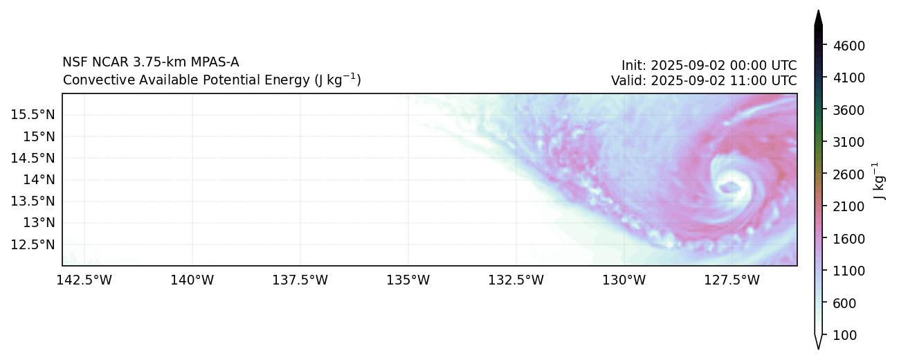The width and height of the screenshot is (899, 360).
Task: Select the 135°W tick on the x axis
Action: point(408,280)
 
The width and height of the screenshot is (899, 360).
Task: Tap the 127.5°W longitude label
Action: point(732,280)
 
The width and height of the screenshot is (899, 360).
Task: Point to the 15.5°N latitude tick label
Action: point(33,114)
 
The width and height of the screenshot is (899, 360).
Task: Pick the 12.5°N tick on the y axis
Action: point(33,244)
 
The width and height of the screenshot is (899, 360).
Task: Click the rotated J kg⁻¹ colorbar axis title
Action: point(880,180)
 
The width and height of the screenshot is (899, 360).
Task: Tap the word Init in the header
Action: point(633,66)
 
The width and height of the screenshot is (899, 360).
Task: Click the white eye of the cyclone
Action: point(729,186)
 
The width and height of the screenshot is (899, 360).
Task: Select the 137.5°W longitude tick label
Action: point(300,280)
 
